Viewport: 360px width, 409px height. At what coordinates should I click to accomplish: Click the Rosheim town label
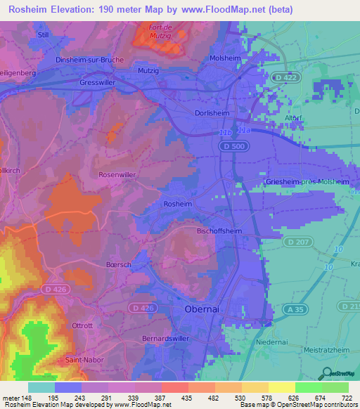point(177,203)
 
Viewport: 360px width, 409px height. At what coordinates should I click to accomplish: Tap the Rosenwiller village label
point(117,174)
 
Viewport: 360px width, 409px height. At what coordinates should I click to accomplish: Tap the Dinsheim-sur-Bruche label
point(94,60)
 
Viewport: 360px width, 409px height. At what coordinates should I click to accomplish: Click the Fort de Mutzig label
point(162,32)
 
